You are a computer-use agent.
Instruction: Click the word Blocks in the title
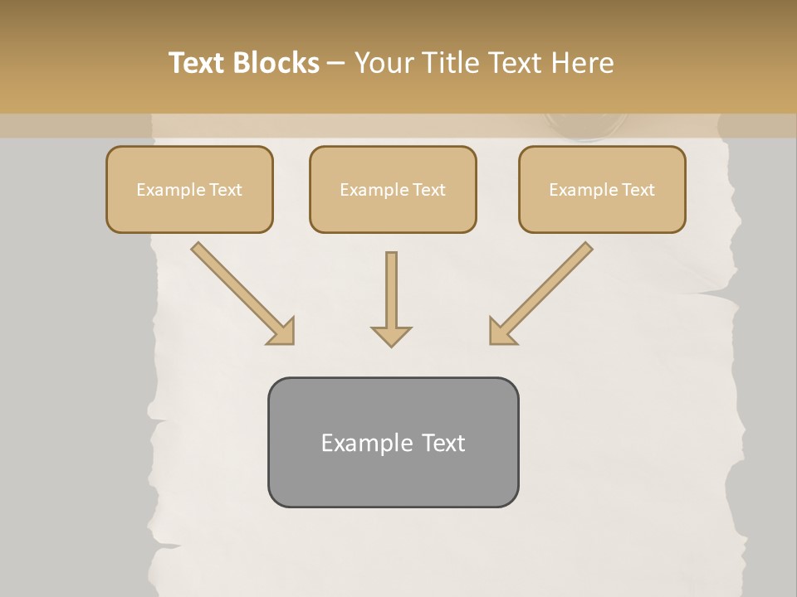point(276,63)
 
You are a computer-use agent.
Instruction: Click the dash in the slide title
point(336,64)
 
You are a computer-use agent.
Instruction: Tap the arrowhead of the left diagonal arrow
point(282,332)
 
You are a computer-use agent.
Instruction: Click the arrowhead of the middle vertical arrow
point(391,336)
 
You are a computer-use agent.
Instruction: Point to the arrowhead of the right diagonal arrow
point(501,332)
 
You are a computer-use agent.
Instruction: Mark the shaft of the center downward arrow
point(391,286)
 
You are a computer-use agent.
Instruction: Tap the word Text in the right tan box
point(638,190)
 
